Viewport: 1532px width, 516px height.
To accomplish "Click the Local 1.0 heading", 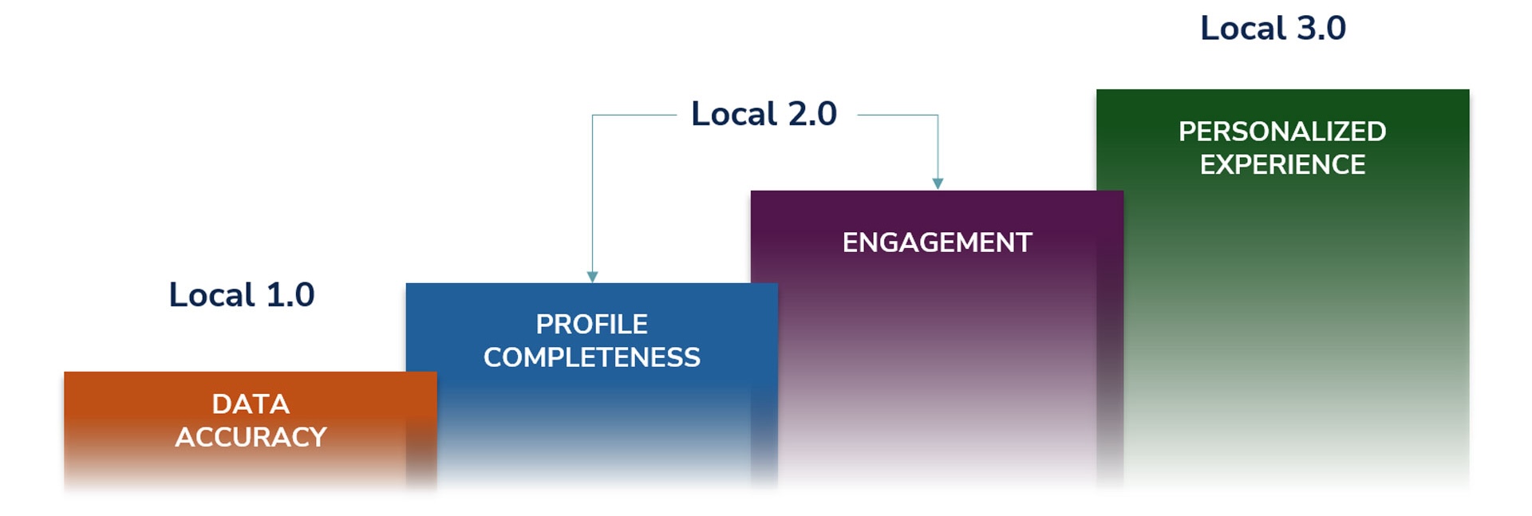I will coord(242,295).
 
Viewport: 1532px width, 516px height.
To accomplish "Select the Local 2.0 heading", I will coord(764,114).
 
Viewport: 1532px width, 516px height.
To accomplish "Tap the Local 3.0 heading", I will coord(1273,29).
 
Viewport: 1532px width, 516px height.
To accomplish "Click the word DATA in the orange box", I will coord(251,404).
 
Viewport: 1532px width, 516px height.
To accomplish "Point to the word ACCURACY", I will coord(251,437).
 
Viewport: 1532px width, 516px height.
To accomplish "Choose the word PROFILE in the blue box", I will coord(591,325).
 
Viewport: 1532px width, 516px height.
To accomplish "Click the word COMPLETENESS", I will coord(591,357).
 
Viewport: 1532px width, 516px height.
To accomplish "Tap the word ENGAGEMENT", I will coord(937,242).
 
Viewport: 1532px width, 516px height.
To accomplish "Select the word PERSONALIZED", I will coord(1282,132).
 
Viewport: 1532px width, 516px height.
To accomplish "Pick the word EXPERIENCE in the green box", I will coord(1282,165).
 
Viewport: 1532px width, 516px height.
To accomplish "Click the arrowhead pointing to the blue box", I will coord(592,277).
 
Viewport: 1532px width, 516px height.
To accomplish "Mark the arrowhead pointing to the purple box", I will coord(938,183).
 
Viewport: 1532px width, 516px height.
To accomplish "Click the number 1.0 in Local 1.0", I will coord(290,295).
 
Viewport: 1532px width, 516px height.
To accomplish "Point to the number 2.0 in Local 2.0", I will coord(812,114).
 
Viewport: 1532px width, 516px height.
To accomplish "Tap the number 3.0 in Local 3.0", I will coord(1321,29).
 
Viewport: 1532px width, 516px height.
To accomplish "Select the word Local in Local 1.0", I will coord(211,295).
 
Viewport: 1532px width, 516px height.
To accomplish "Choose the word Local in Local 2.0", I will coord(734,114).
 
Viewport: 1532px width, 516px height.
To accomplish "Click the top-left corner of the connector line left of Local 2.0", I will coord(592,116).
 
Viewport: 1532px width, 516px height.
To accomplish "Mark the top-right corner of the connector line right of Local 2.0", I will coord(938,116).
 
